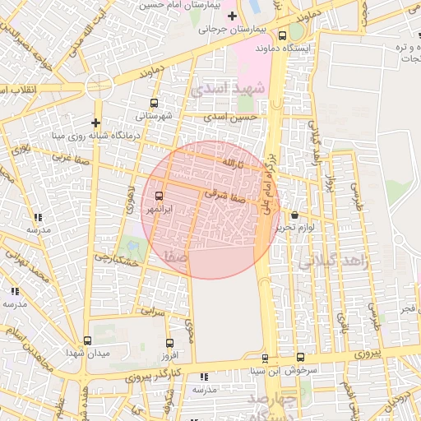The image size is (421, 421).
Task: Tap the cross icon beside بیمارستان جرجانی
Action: [232, 16]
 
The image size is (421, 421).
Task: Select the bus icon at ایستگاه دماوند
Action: [283, 35]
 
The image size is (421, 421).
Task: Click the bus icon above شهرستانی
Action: [153, 104]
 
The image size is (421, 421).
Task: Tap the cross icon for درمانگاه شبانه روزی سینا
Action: [96, 123]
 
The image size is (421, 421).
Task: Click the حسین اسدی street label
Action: [237, 118]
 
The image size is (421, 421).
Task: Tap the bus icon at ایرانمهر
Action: [159, 197]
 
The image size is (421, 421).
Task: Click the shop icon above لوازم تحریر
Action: [295, 215]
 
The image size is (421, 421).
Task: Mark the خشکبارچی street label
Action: [113, 257]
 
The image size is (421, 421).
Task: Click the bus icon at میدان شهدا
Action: [88, 340]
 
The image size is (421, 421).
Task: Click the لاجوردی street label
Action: [129, 198]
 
